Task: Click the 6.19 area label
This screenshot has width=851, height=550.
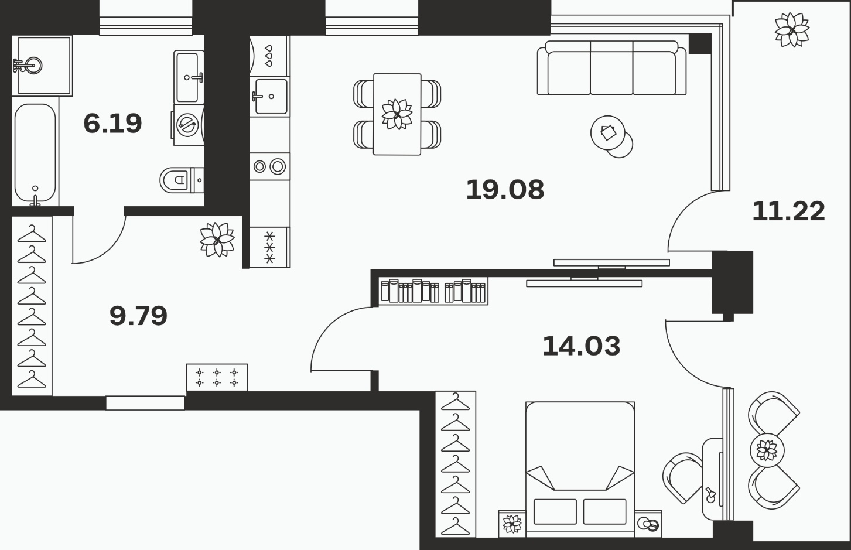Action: point(112,123)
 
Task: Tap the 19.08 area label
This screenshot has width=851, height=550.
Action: point(505,190)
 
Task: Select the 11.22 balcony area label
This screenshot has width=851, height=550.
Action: point(789,211)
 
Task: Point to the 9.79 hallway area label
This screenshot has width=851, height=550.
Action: point(138,316)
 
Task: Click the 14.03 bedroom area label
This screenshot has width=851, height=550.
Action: point(581,346)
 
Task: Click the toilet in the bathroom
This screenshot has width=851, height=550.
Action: point(182,180)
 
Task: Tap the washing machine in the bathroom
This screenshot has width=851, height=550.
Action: point(187,125)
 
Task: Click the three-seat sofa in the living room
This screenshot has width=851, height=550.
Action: point(611,67)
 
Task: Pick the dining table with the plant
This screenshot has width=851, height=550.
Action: point(397,114)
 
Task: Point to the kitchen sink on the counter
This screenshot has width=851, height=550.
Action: point(270,97)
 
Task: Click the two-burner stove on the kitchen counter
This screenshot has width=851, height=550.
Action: point(270,166)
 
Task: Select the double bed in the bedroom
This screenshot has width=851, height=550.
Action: point(580,470)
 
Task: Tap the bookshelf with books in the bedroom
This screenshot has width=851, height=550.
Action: point(433,291)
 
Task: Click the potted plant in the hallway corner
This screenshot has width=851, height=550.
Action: point(217,240)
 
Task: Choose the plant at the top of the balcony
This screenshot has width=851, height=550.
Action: point(792,30)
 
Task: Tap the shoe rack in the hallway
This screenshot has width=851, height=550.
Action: point(217,378)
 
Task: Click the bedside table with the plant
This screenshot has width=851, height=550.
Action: point(512,524)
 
